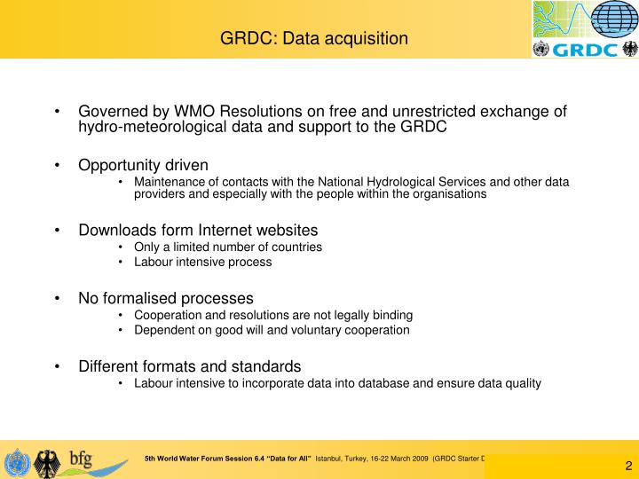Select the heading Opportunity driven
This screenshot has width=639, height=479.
coord(144,165)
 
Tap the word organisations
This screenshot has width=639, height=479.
coord(443,194)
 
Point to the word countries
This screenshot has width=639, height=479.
coord(292,247)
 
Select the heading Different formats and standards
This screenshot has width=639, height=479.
coord(190,366)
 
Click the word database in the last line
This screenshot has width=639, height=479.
coord(375,383)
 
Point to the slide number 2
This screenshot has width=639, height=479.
coord(628,467)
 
